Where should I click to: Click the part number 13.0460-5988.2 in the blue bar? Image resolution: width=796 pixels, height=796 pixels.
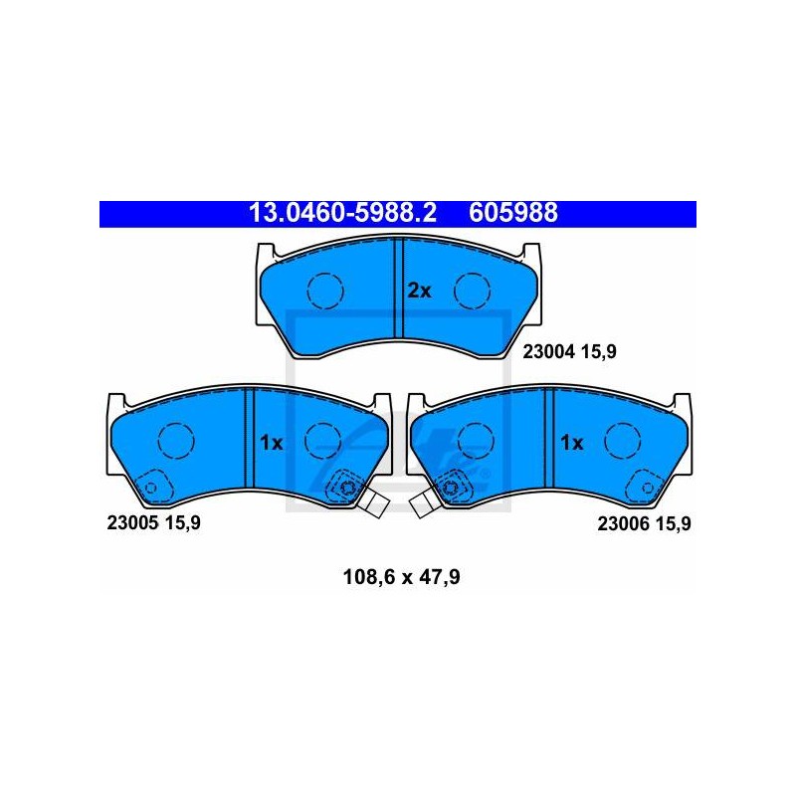pyautogui.click(x=342, y=213)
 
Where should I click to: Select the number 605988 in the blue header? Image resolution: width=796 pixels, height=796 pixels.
pyautogui.click(x=513, y=213)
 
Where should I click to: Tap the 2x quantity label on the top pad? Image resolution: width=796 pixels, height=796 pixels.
pyautogui.click(x=419, y=291)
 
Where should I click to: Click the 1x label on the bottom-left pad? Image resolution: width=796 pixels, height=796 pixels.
pyautogui.click(x=271, y=443)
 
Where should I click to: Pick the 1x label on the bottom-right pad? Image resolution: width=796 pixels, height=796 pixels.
pyautogui.click(x=571, y=443)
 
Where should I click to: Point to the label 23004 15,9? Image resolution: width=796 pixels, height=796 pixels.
pyautogui.click(x=569, y=351)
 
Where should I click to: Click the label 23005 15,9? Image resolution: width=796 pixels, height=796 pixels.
pyautogui.click(x=154, y=522)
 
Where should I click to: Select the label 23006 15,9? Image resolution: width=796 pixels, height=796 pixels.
pyautogui.click(x=644, y=523)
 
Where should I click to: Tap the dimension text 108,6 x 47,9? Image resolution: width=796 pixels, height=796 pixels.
pyautogui.click(x=402, y=577)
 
